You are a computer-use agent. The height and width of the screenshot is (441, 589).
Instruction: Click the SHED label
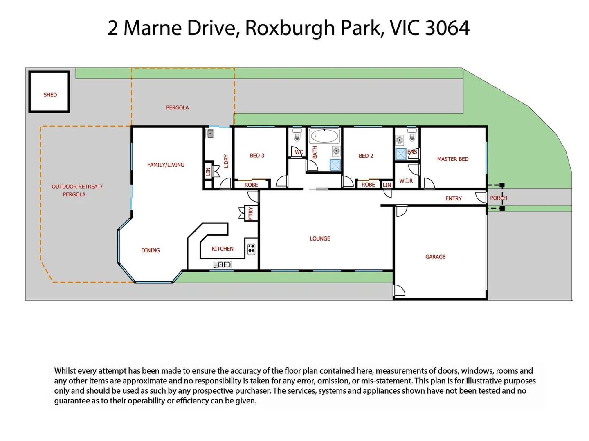point(50,95)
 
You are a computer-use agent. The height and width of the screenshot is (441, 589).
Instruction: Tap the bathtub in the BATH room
point(324,136)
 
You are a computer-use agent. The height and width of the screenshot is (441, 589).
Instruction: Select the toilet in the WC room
point(297,134)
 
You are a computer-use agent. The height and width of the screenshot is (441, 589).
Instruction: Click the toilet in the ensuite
point(412,134)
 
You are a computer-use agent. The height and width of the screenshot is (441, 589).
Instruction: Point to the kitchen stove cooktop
point(251,249)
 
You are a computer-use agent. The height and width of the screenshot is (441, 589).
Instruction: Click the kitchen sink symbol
point(222,265)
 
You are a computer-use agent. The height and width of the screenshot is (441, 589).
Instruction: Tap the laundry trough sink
point(210,134)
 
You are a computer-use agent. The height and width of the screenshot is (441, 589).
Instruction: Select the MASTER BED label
point(452,159)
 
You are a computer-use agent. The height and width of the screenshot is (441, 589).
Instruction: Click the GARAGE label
point(435,257)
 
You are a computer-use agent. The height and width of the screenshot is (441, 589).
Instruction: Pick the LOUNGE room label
point(320,238)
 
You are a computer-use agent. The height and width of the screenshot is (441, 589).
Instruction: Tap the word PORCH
point(498,198)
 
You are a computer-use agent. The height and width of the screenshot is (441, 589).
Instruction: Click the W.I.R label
point(406,180)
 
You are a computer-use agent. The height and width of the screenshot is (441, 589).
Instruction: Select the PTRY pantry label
point(251,214)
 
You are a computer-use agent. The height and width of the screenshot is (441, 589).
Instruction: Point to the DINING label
point(151,250)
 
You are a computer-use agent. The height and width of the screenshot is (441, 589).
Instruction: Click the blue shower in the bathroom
point(335,165)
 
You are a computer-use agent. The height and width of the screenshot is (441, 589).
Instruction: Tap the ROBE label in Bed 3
point(251,185)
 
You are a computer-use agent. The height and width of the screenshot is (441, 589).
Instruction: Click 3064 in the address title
point(447,28)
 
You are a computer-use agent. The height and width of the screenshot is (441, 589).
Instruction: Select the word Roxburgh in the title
point(290,28)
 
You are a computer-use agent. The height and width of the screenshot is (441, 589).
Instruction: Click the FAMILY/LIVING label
point(166,165)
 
